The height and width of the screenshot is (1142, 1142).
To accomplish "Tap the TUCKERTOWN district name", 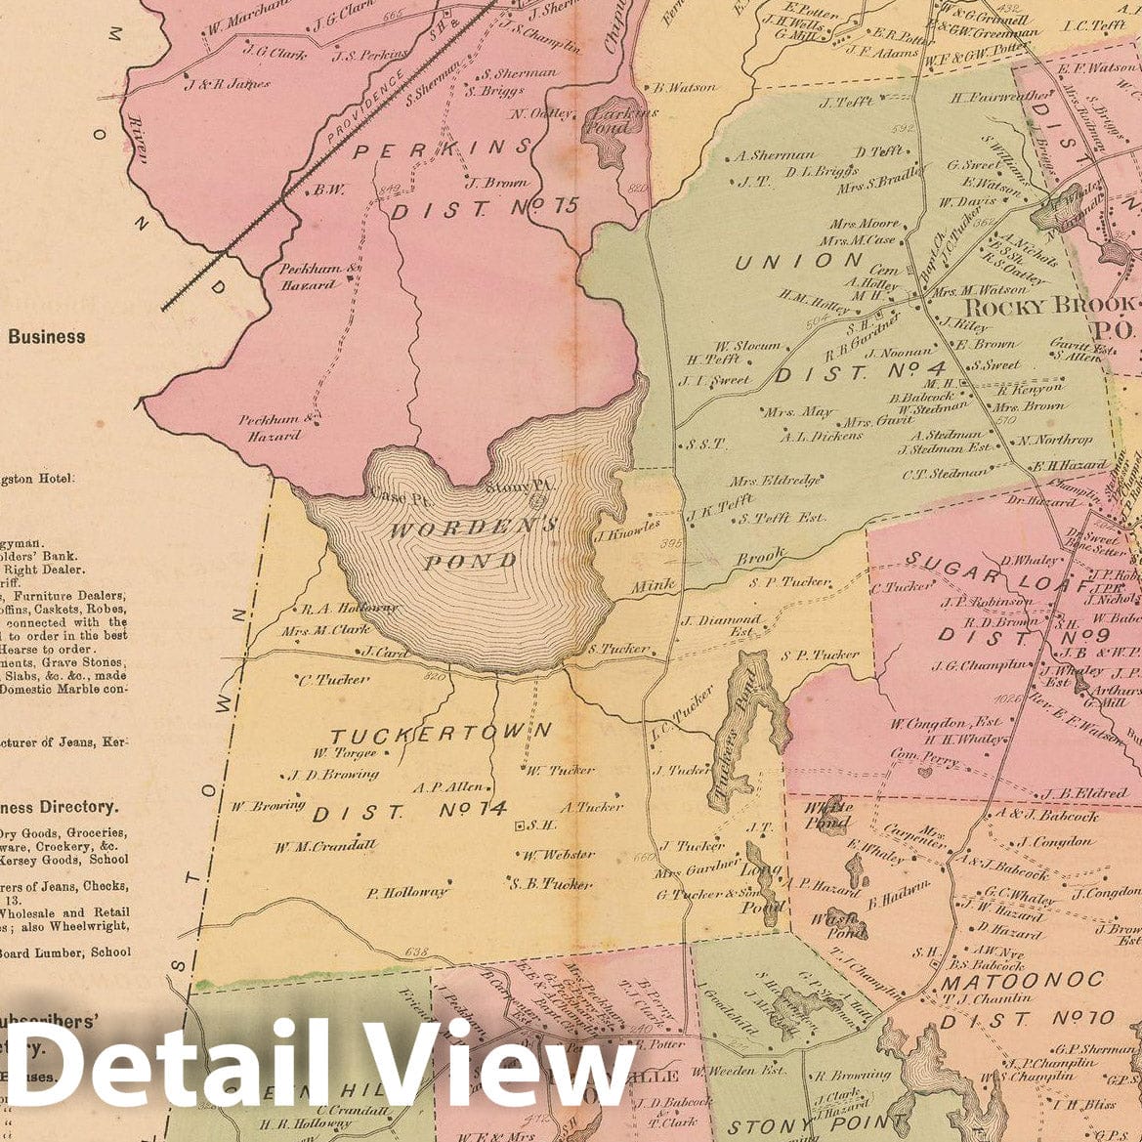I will point(441,733).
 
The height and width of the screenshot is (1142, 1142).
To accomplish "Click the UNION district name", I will point(799,261).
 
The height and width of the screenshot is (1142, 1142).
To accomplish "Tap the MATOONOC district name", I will point(1022,980).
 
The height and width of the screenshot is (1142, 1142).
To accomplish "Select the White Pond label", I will point(825,815).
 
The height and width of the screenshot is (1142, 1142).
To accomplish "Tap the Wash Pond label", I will point(845,924).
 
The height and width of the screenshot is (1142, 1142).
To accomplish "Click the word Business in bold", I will point(46,337).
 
